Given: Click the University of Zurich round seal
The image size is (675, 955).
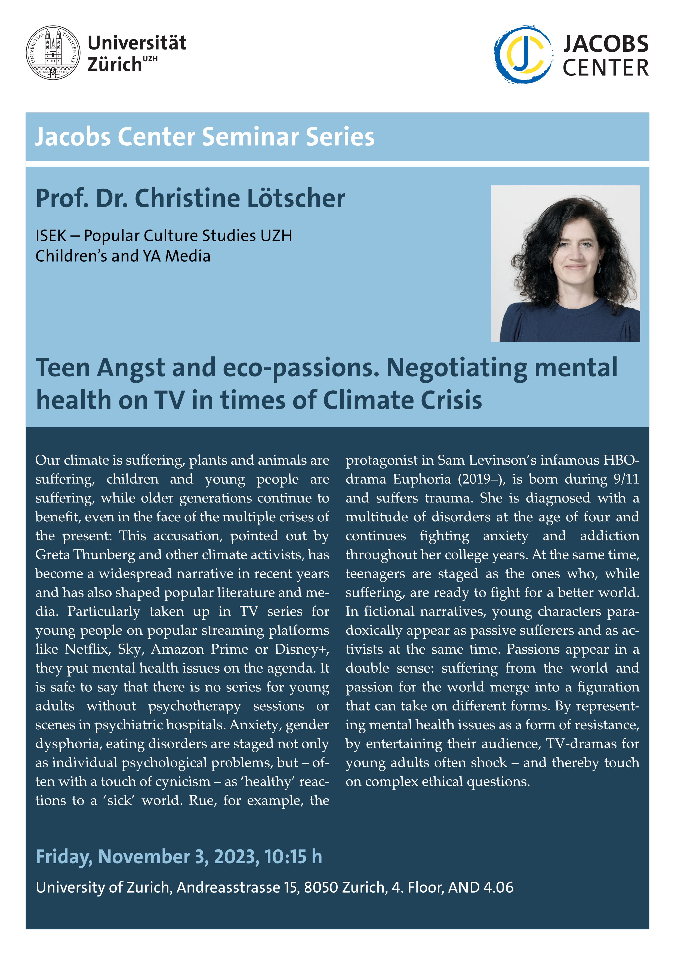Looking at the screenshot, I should (x=54, y=53).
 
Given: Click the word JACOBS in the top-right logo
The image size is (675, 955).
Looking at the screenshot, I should (x=606, y=44).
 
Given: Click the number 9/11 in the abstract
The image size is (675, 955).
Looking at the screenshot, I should (x=626, y=479).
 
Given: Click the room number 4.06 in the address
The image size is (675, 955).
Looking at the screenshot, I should (x=498, y=887).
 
